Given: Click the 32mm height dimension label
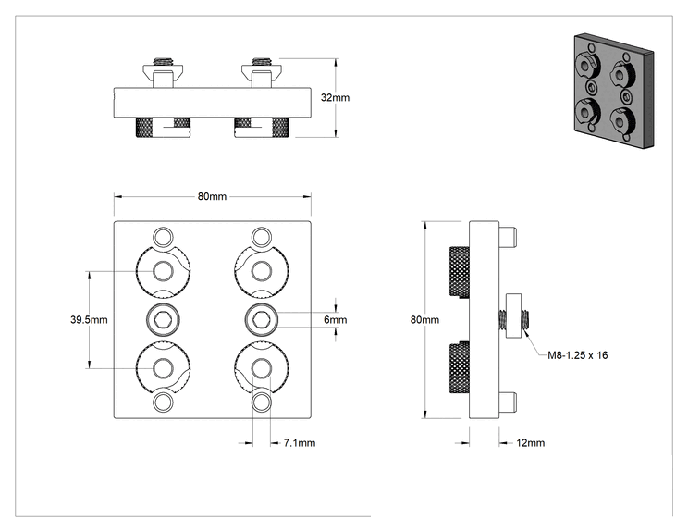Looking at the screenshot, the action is [x=335, y=97].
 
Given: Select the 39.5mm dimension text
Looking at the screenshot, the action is [x=89, y=319].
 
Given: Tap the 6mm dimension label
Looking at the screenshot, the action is [x=336, y=319].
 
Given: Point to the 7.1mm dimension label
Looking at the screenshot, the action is [x=300, y=443].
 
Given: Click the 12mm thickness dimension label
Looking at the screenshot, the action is [x=531, y=443].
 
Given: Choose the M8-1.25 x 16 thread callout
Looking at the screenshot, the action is [x=577, y=355].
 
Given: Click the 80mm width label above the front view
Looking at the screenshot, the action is [x=212, y=196].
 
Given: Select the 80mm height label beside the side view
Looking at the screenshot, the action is [x=424, y=319].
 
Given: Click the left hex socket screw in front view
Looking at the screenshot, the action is [x=164, y=319].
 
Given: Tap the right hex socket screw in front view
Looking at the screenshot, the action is [x=262, y=319].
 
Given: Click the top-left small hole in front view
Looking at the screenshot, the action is [x=164, y=237].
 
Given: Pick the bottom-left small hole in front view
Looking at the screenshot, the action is [x=164, y=402].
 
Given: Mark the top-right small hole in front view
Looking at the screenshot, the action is [x=262, y=237].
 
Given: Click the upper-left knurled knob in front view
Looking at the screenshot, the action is [x=164, y=271].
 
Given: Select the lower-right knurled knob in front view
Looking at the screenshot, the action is [x=262, y=368].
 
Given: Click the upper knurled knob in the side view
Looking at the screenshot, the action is [x=459, y=272].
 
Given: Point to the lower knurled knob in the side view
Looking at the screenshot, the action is [x=459, y=368].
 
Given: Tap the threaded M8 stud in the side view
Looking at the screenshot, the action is [x=514, y=319].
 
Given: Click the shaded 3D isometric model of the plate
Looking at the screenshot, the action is [x=614, y=91].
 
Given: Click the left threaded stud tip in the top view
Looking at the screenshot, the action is [x=163, y=60].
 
